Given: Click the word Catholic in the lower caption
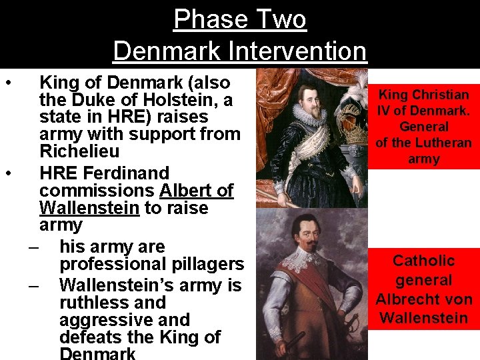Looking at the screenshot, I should pyautogui.click(x=423, y=261).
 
